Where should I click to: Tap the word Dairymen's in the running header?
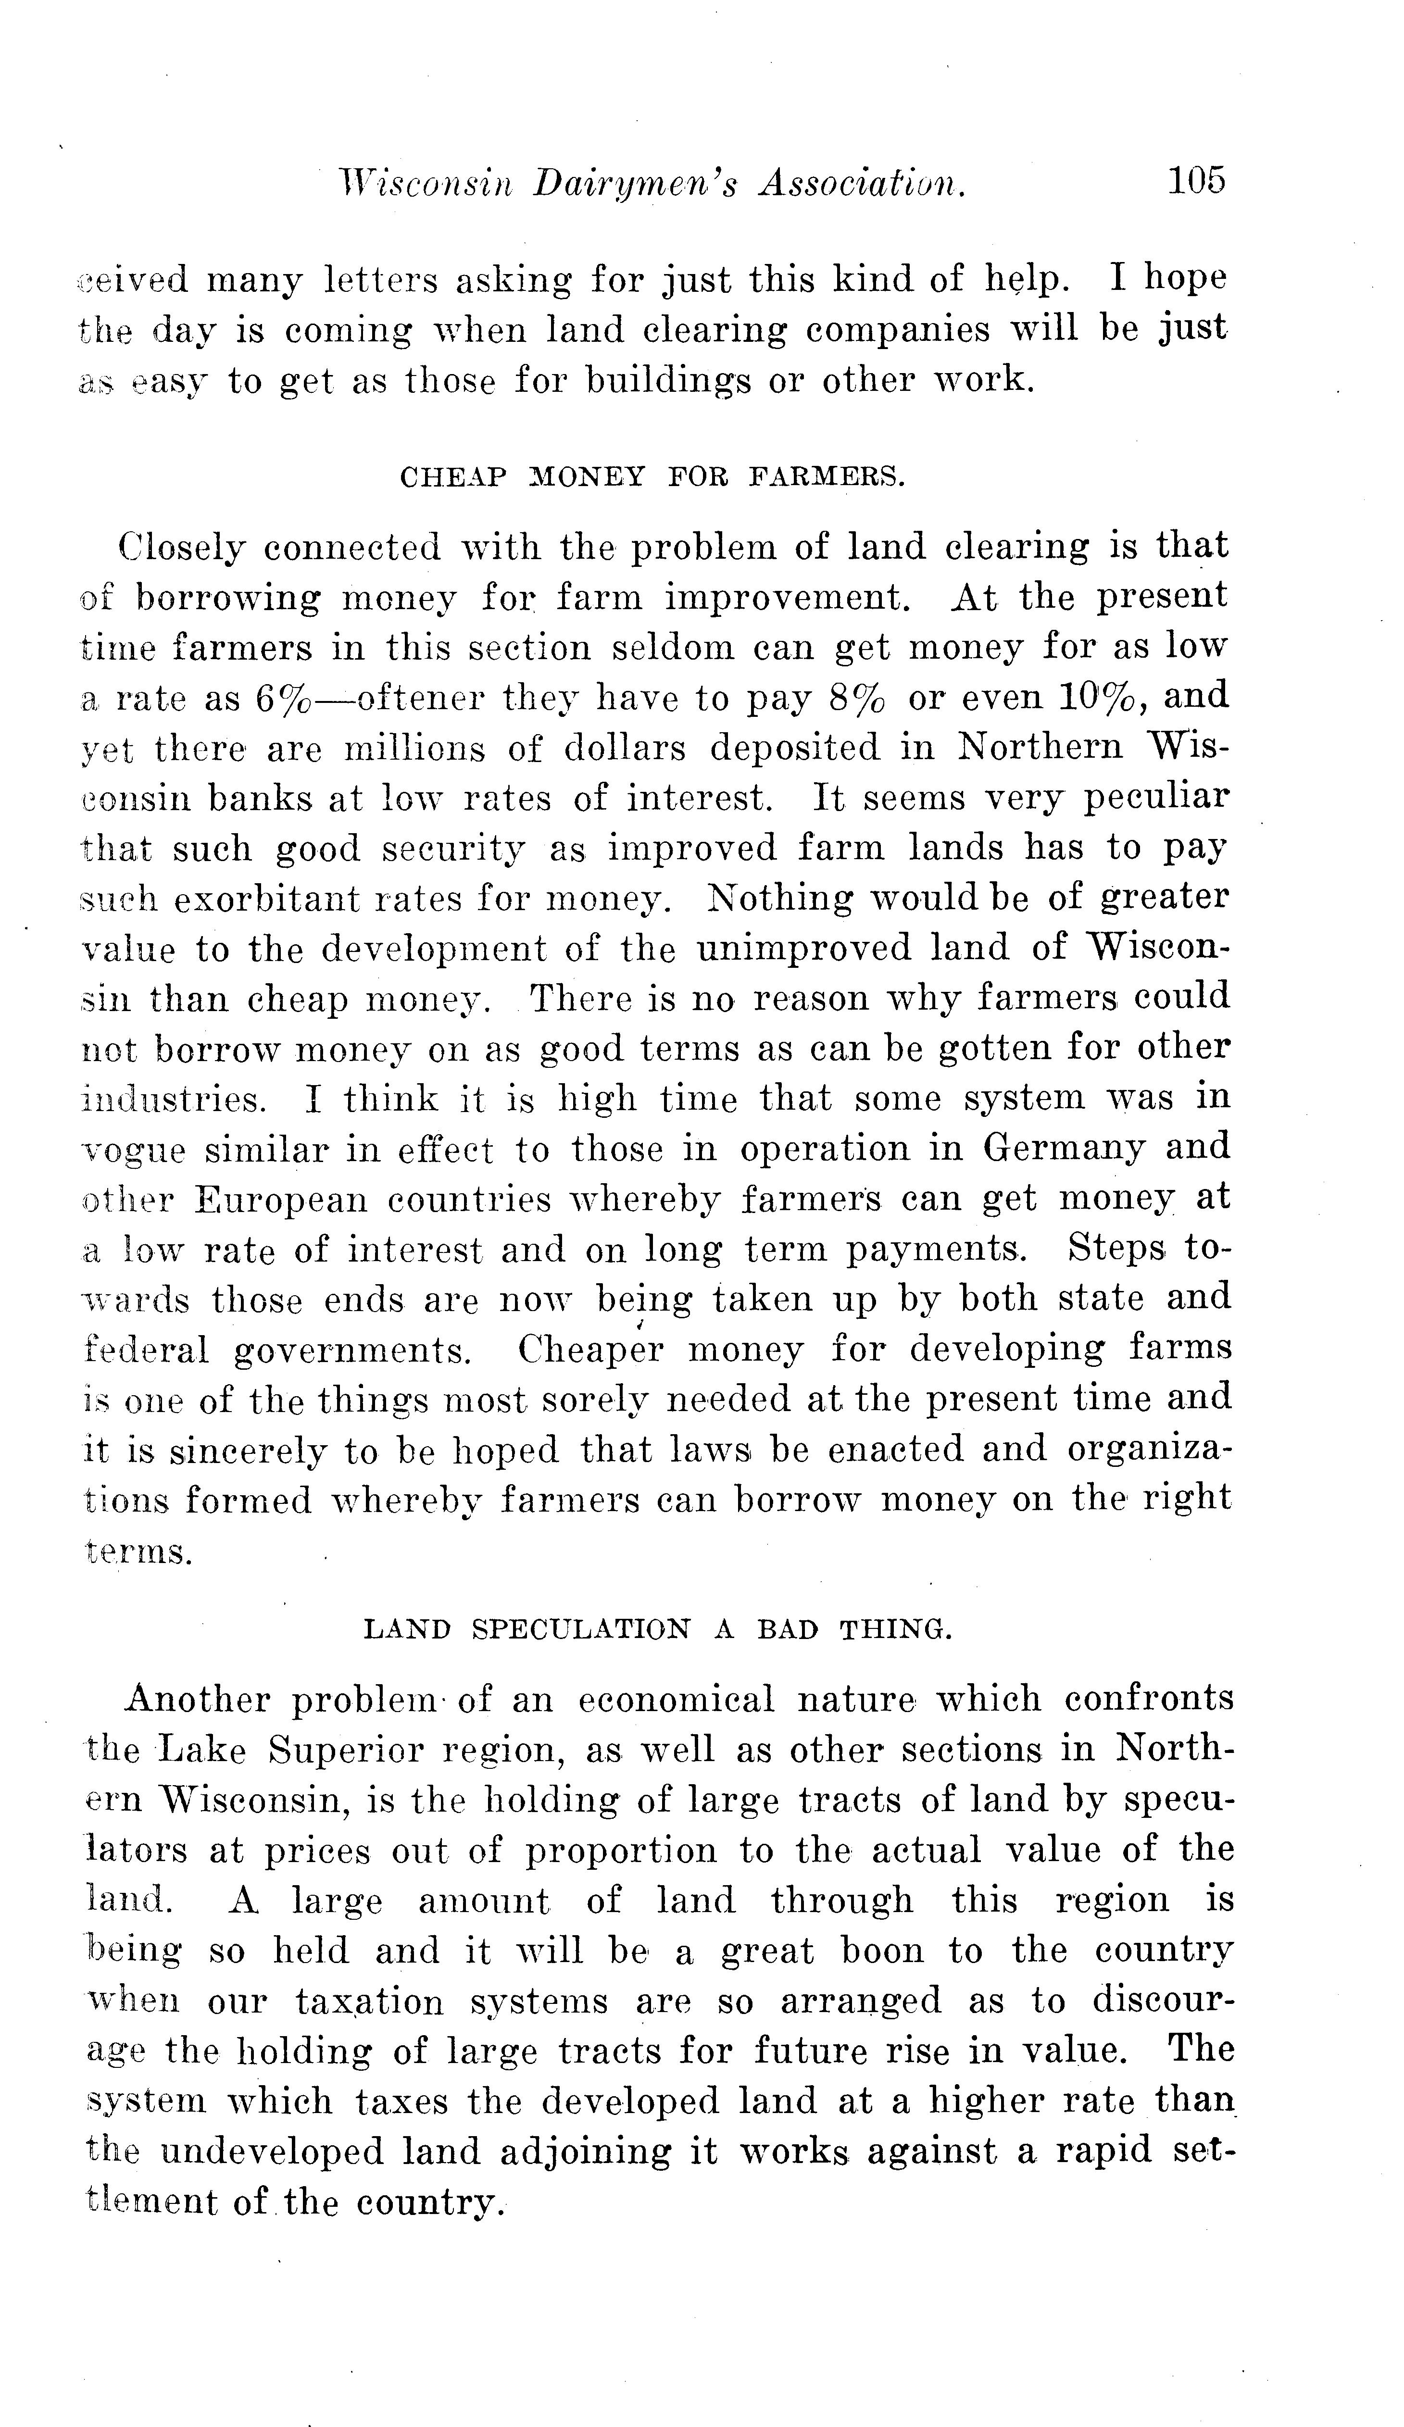click(636, 183)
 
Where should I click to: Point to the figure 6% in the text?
click(284, 697)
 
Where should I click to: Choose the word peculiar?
click(1155, 799)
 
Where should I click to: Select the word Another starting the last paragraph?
click(198, 1698)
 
